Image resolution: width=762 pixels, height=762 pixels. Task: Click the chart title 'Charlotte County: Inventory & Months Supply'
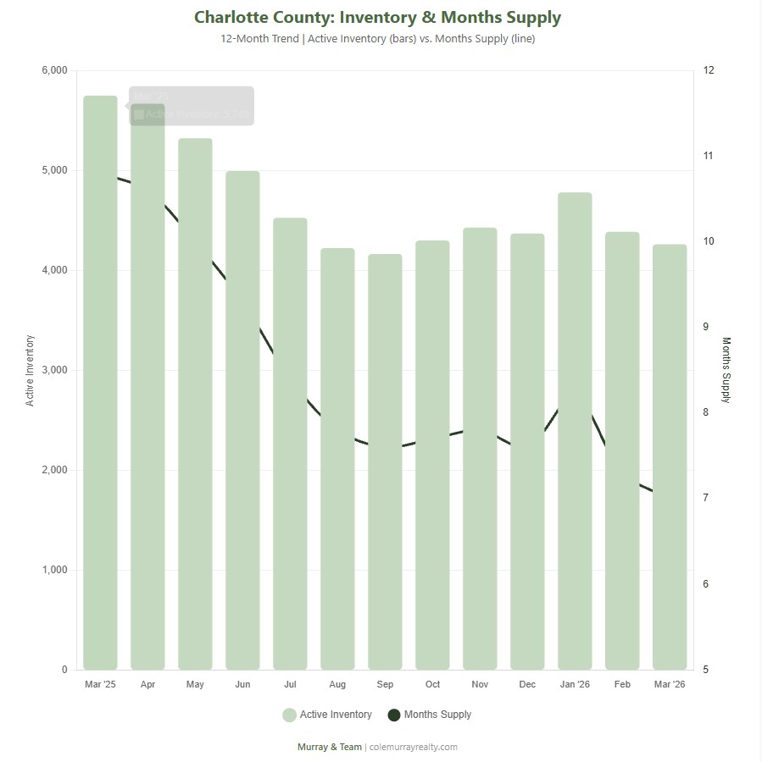coord(377,17)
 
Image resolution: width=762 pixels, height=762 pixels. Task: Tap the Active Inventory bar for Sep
coord(385,461)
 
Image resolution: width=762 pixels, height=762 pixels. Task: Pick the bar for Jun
coord(242,420)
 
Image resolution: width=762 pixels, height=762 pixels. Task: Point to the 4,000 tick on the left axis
coord(55,270)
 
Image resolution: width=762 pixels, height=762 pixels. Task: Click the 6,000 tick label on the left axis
coord(55,70)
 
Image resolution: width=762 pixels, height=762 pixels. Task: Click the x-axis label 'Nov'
coord(480,684)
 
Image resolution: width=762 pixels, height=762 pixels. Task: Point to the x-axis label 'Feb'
coord(622,684)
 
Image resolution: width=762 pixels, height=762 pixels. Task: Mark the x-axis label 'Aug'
coord(337,684)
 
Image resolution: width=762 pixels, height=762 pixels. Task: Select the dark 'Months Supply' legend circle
coord(393,715)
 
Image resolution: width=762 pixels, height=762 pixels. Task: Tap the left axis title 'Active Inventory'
coord(31,370)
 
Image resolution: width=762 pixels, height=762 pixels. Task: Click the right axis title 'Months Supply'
coord(726,370)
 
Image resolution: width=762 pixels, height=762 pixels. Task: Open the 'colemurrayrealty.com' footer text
coord(414,747)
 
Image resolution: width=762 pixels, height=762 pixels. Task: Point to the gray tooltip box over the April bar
coord(192,106)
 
